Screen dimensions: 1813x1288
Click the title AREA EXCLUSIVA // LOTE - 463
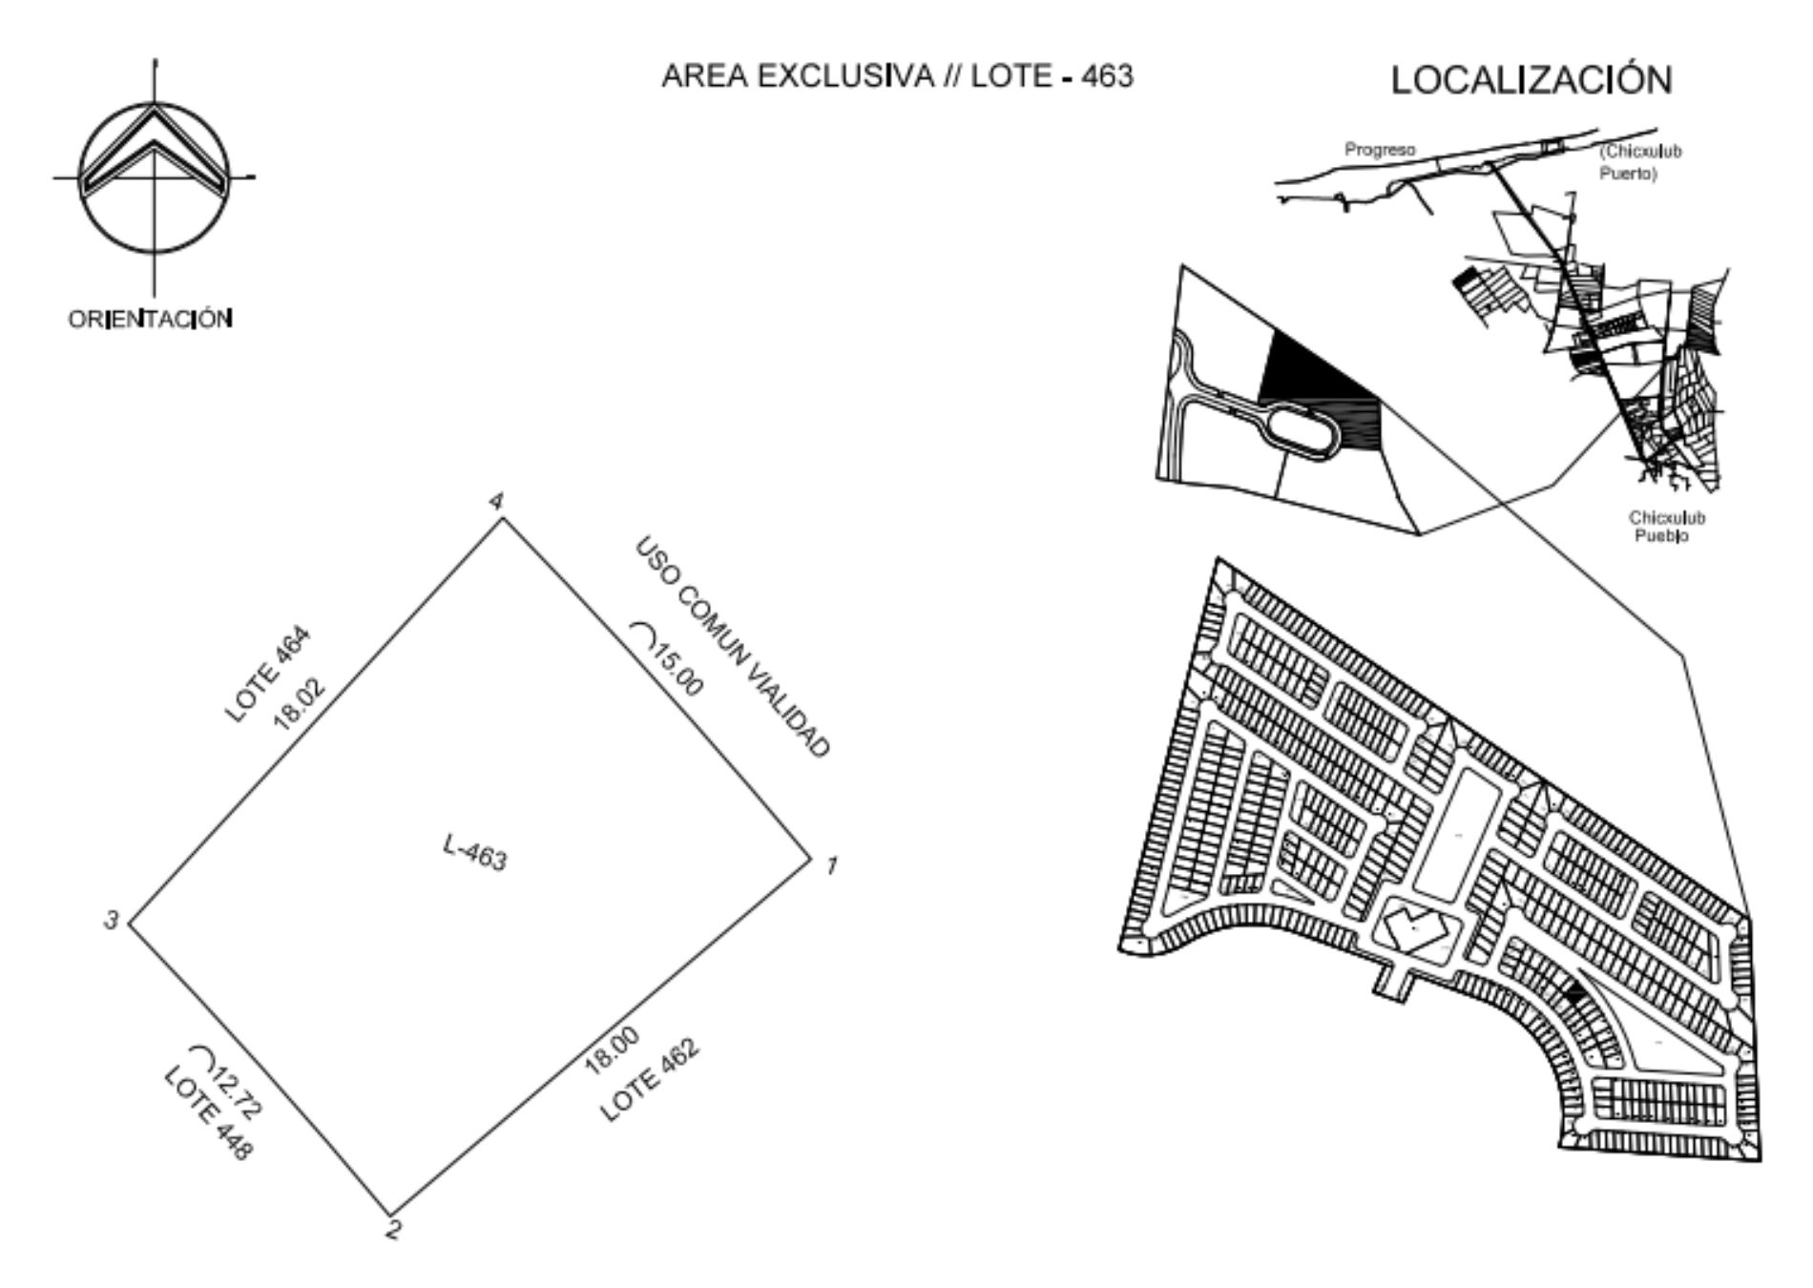click(x=898, y=76)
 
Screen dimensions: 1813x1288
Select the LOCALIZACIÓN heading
click(x=1532, y=80)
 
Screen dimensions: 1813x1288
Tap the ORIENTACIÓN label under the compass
click(x=150, y=319)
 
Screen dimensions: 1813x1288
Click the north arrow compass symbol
click(x=154, y=177)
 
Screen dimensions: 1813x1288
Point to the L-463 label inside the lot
click(x=475, y=852)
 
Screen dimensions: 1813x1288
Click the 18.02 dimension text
click(x=300, y=705)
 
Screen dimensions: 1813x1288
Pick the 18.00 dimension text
click(x=613, y=1053)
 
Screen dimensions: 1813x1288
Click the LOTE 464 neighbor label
click(x=268, y=674)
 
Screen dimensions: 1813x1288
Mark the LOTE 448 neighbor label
click(x=209, y=1113)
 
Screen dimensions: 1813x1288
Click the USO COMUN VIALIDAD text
click(x=732, y=648)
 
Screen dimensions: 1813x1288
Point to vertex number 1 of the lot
click(x=810, y=858)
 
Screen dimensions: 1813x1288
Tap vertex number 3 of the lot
click(x=129, y=923)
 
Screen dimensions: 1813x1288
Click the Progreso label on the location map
click(x=1380, y=150)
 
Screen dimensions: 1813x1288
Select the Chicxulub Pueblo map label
click(x=1667, y=527)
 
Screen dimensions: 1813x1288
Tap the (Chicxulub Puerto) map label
click(x=1641, y=162)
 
